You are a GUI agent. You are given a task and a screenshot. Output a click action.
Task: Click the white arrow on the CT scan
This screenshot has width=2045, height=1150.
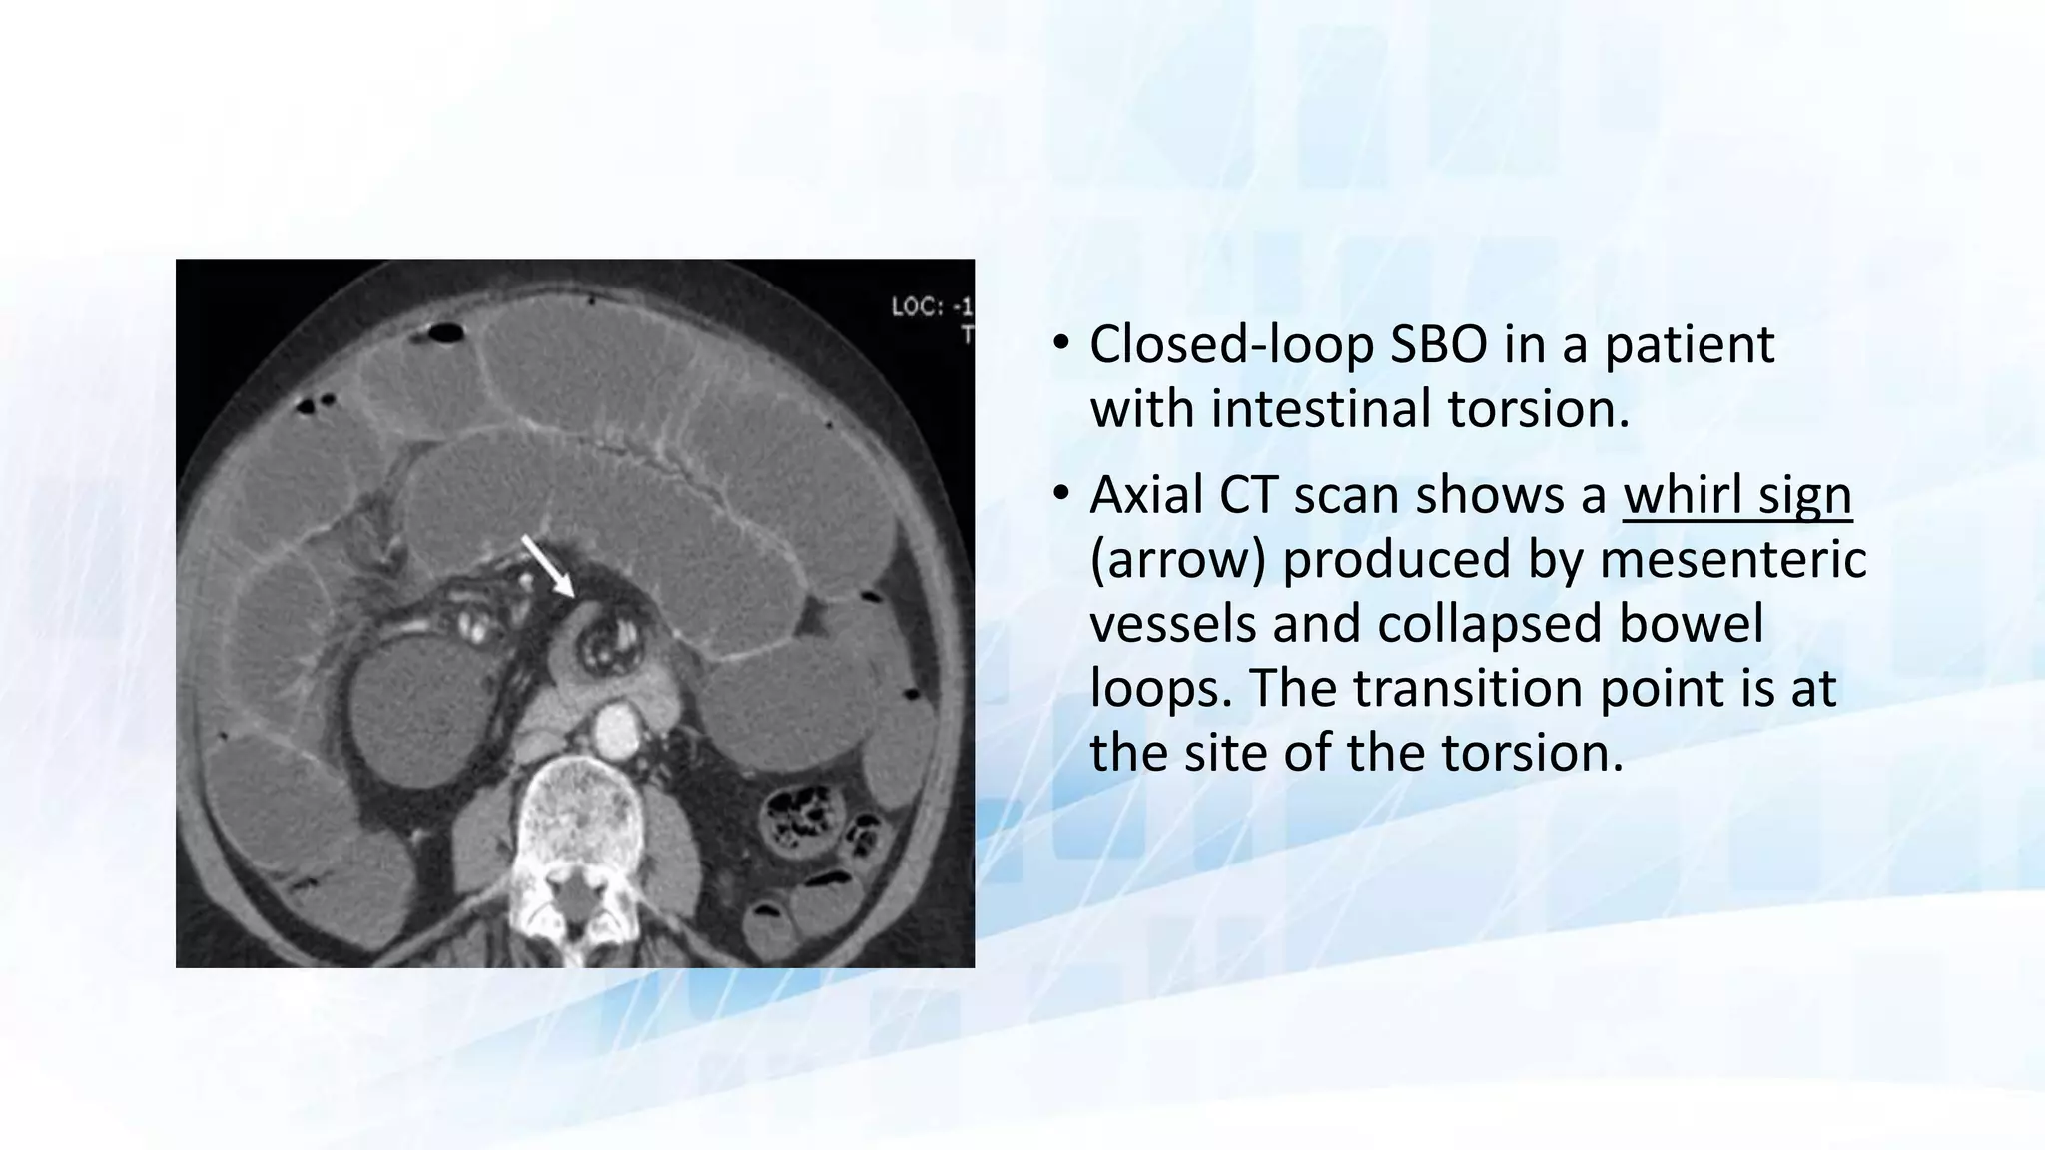coord(547,566)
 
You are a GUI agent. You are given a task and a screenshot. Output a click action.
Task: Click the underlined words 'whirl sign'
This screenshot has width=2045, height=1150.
coord(1737,495)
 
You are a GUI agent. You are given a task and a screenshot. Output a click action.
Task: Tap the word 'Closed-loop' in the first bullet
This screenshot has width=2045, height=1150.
coord(1231,345)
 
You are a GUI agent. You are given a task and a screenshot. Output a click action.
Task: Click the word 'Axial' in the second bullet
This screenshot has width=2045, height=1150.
coord(1145,495)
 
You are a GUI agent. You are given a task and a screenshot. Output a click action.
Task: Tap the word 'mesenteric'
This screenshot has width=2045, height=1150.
coord(1732,560)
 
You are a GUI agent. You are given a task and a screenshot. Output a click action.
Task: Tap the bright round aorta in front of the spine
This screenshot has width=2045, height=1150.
coord(616,732)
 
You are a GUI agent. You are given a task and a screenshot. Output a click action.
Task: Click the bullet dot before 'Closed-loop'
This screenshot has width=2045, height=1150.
coord(1060,345)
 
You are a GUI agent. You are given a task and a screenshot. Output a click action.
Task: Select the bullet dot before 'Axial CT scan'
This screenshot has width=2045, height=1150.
coord(1060,495)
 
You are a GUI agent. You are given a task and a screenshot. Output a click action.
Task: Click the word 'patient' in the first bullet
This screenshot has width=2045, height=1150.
coord(1690,345)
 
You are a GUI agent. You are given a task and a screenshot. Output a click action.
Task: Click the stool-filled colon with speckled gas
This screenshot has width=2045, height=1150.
coord(798,814)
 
